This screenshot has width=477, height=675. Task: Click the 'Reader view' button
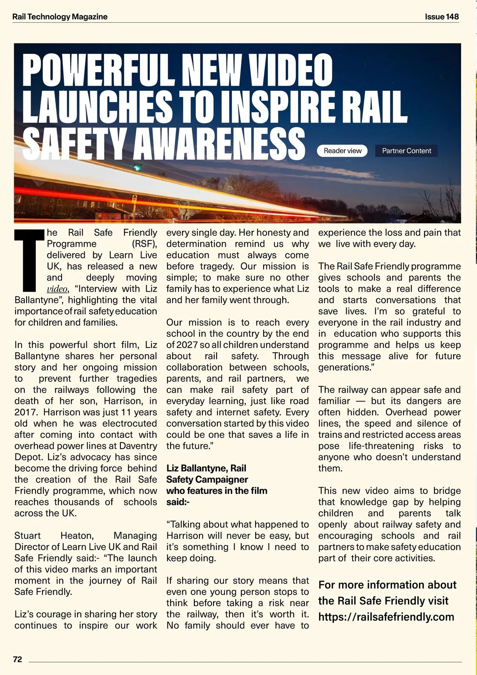(342, 151)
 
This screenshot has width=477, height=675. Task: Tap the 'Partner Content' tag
(406, 151)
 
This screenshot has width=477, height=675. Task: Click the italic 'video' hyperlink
(57, 289)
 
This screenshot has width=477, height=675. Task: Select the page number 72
(17, 659)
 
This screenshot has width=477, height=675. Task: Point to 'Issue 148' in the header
(442, 17)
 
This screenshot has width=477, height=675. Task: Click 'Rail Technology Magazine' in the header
(60, 17)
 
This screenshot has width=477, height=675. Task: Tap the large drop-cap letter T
(29, 260)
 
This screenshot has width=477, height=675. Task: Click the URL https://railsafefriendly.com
(386, 617)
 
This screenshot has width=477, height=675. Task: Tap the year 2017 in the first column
(25, 412)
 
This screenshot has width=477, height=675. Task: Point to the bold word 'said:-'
(178, 502)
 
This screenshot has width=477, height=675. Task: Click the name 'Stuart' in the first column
(27, 536)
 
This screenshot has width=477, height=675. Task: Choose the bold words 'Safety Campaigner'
(207, 480)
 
